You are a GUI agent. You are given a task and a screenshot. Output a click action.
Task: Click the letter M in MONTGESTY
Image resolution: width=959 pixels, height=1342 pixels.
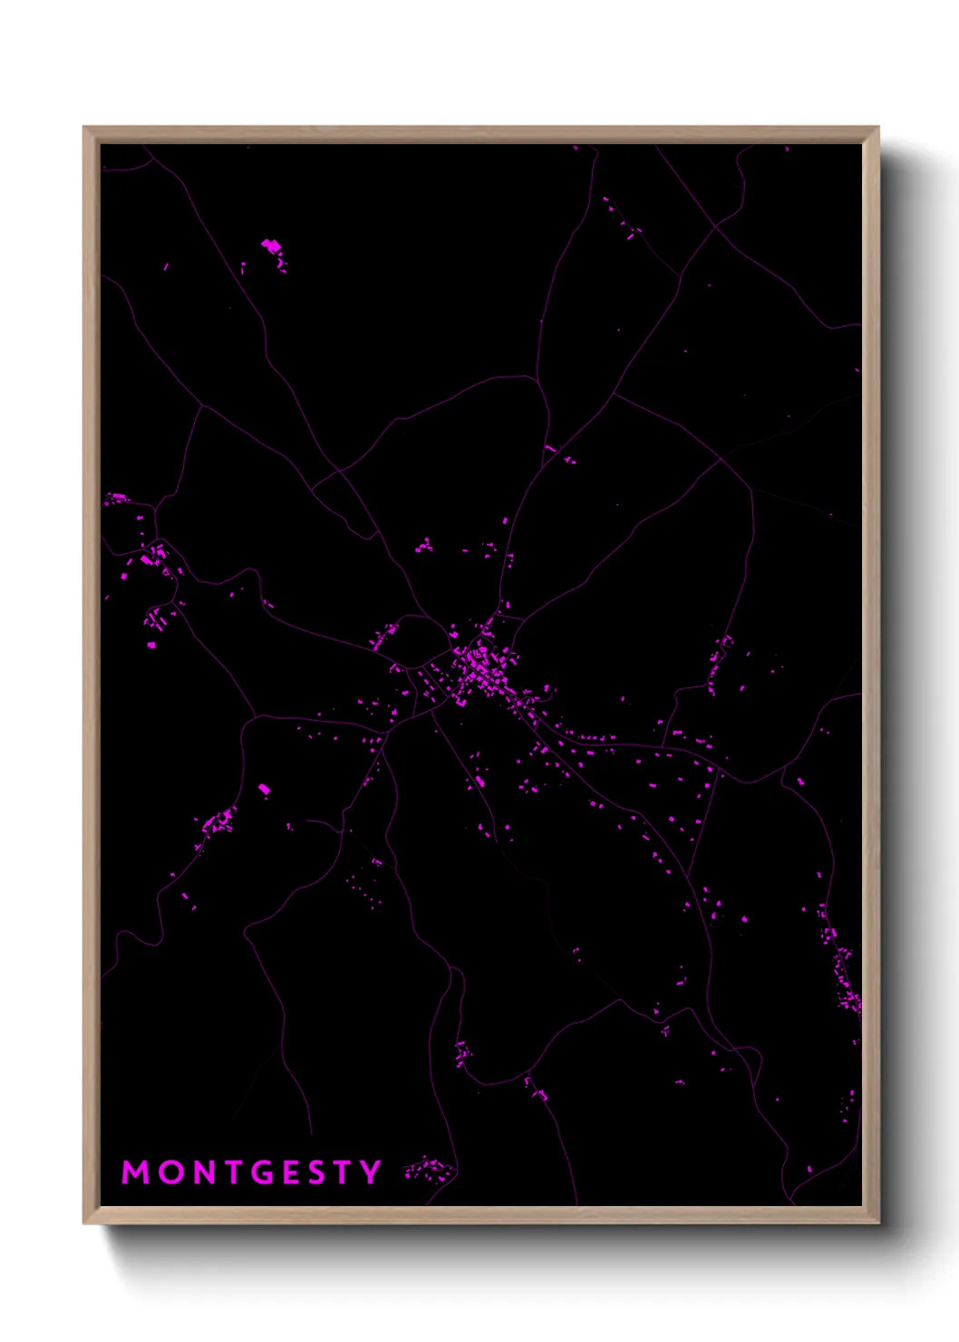pos(136,1172)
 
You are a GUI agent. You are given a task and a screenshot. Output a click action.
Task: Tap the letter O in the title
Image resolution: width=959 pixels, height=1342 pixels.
pos(171,1172)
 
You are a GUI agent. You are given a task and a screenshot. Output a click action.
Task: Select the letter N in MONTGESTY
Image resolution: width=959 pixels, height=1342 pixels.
pos(204,1172)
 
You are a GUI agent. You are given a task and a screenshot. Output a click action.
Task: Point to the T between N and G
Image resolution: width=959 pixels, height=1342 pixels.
pos(233,1172)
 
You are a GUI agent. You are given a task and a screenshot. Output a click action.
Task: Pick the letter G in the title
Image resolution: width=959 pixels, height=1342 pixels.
pos(263,1172)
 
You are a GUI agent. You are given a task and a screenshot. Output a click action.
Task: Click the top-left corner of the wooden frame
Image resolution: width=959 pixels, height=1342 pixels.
pos(84,128)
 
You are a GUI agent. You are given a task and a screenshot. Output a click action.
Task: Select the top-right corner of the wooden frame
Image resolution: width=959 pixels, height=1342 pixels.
pos(878,128)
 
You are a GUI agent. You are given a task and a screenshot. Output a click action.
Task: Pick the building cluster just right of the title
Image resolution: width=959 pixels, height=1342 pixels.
pos(430,1170)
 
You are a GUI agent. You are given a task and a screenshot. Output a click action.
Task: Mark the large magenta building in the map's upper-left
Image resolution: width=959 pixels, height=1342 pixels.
pos(271,246)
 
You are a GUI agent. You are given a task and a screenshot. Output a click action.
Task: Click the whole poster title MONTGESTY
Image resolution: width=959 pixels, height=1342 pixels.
pos(252,1172)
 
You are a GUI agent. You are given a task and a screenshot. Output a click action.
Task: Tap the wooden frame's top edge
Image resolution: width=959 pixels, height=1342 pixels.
pos(480,134)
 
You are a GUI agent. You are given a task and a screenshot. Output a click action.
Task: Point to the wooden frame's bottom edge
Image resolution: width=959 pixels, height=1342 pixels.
pos(480,1215)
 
